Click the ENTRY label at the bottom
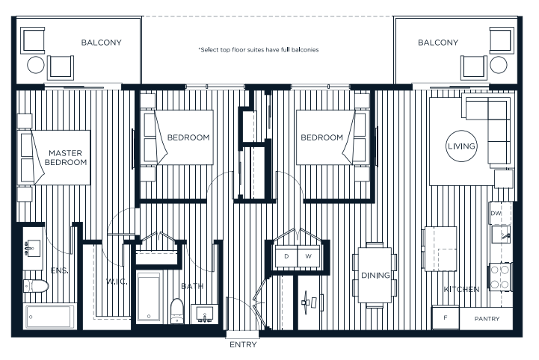tap(244, 345)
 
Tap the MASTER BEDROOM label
tap(66, 156)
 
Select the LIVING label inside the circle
tap(461, 146)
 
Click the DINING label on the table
tap(375, 276)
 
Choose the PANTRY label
tap(490, 318)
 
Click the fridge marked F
tap(446, 318)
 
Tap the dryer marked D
tap(286, 257)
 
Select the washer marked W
tap(309, 257)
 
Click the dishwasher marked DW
tap(497, 214)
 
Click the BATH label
tap(192, 286)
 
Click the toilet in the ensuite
tap(35, 286)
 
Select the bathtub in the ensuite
tap(49, 316)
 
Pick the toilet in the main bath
tap(177, 311)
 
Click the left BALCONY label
tap(101, 43)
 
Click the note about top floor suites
tap(259, 50)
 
